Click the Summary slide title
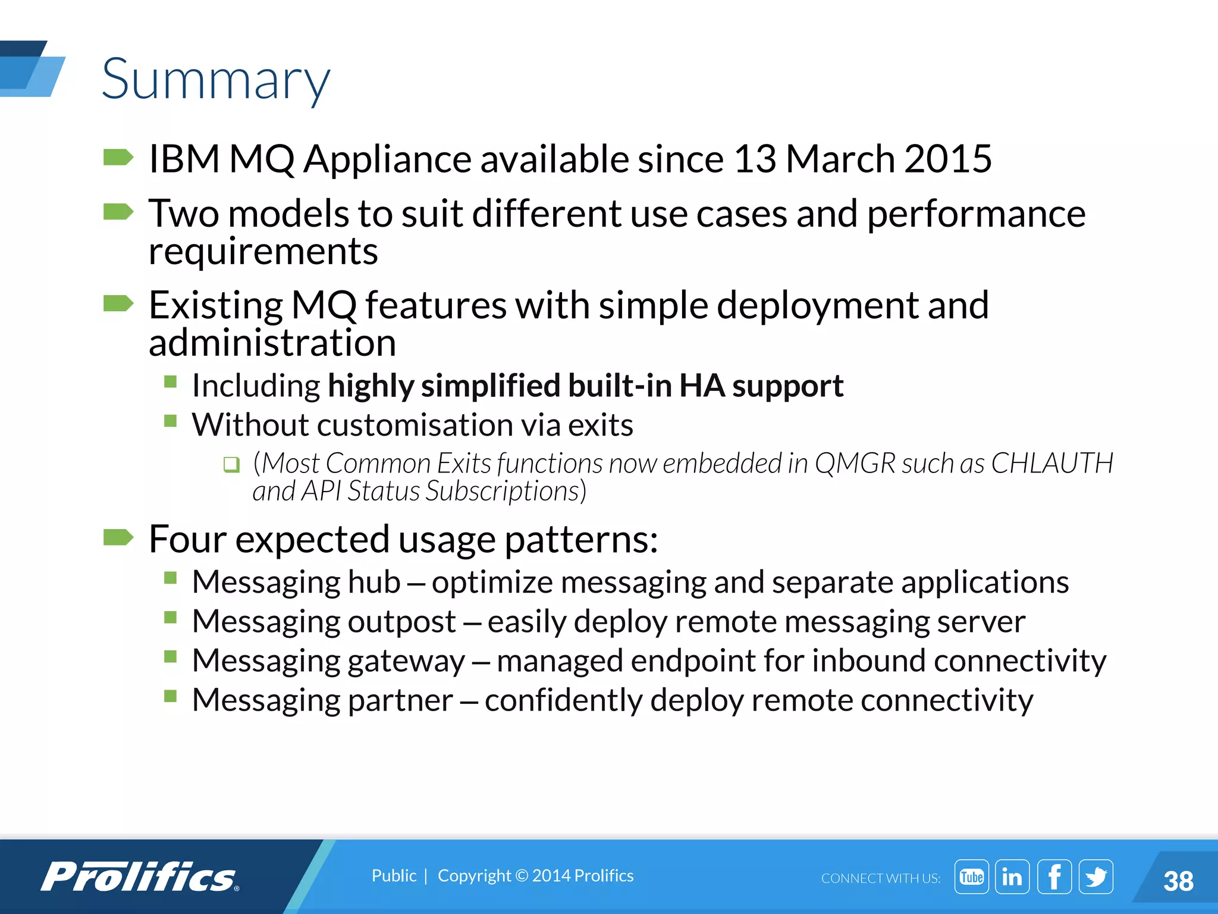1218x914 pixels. point(215,80)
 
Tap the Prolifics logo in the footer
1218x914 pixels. point(140,877)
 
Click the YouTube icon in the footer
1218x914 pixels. point(971,877)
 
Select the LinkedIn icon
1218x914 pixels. point(1012,877)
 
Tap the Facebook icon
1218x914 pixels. point(1054,877)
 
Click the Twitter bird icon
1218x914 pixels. point(1095,877)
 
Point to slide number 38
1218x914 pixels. point(1178,881)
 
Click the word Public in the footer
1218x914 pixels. point(394,875)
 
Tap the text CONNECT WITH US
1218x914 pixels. point(880,878)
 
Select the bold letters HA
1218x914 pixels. point(701,386)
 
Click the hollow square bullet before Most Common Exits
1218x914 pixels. point(231,464)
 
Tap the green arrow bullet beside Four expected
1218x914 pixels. point(118,537)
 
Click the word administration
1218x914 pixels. point(272,343)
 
